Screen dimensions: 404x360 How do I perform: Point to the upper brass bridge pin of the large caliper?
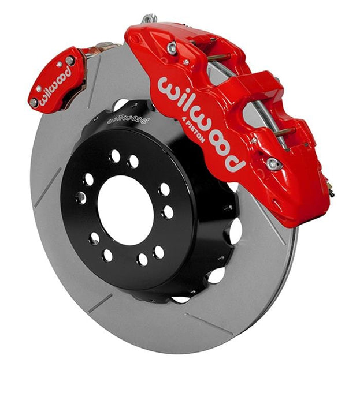217,58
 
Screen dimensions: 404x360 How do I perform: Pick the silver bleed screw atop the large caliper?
150,20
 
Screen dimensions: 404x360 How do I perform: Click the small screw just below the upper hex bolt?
185,62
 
